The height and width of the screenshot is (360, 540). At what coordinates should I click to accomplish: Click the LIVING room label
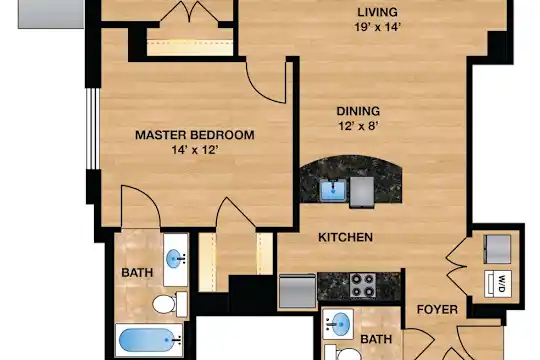pyautogui.click(x=377, y=12)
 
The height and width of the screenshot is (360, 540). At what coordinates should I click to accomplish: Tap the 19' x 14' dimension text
pyautogui.click(x=377, y=27)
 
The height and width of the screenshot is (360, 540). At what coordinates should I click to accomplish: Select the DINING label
pyautogui.click(x=358, y=111)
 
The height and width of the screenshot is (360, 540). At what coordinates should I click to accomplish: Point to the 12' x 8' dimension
pyautogui.click(x=359, y=126)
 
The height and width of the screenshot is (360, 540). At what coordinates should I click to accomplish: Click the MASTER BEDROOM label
pyautogui.click(x=195, y=135)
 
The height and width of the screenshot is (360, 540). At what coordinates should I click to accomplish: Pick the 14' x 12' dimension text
pyautogui.click(x=195, y=150)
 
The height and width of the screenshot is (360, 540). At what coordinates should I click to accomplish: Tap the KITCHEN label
pyautogui.click(x=345, y=237)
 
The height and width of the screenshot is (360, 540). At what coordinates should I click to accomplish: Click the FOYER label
pyautogui.click(x=437, y=309)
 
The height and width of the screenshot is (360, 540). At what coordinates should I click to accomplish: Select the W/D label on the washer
pyautogui.click(x=501, y=284)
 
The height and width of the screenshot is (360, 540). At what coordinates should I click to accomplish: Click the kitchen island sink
pyautogui.click(x=333, y=190)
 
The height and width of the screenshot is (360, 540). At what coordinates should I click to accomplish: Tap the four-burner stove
pyautogui.click(x=363, y=285)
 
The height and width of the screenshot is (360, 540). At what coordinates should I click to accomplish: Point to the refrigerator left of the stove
pyautogui.click(x=298, y=291)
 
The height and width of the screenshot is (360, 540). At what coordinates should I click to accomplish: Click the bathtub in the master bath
pyautogui.click(x=149, y=340)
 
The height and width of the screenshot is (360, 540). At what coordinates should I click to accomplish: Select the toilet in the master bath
pyautogui.click(x=170, y=304)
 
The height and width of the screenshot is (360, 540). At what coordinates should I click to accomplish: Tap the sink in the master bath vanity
pyautogui.click(x=174, y=259)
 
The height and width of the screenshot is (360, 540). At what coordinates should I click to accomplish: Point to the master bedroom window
pyautogui.click(x=93, y=129)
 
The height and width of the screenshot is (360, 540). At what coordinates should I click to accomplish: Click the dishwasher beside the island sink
pyautogui.click(x=362, y=193)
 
